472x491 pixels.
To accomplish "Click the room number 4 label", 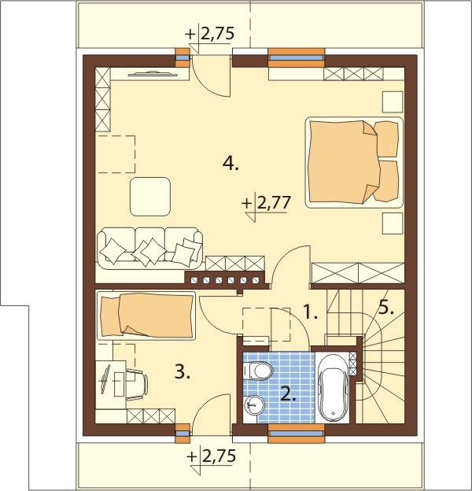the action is tap(230, 164).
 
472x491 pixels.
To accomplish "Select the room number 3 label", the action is tap(183, 372).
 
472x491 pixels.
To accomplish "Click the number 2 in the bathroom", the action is tap(288, 394).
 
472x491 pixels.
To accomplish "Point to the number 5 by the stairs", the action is tap(386, 308).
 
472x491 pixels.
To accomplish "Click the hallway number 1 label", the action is tap(311, 312).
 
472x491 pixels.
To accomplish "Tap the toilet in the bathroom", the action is tap(258, 371).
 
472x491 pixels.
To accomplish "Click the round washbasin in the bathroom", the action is tap(254, 405).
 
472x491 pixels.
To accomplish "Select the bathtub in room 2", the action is tap(333, 388).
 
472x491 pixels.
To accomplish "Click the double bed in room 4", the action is tap(354, 163).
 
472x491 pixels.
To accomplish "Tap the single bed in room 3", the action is tap(146, 316).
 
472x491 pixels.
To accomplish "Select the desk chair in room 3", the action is tap(137, 385).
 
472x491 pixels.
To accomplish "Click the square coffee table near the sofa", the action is tap(150, 197).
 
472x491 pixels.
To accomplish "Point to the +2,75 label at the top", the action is tap(210, 34).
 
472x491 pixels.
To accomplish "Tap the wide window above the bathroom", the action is tap(296, 434).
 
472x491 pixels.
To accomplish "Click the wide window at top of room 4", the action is tap(296, 57).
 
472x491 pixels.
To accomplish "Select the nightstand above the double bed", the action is tap(393, 102).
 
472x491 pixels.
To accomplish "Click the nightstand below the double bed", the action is tap(393, 223).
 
